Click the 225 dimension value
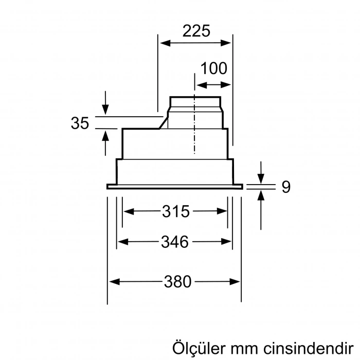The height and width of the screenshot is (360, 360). click(x=196, y=31)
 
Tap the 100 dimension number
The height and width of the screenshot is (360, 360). click(x=213, y=68)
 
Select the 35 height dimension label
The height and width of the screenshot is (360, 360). click(x=80, y=123)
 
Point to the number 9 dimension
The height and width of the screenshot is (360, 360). click(x=286, y=187)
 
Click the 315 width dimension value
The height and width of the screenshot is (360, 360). click(x=176, y=211)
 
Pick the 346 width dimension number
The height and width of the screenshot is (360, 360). click(x=175, y=241)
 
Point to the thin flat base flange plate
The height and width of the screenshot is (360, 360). click(x=174, y=187)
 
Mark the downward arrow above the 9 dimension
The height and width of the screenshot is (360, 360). click(x=262, y=177)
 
